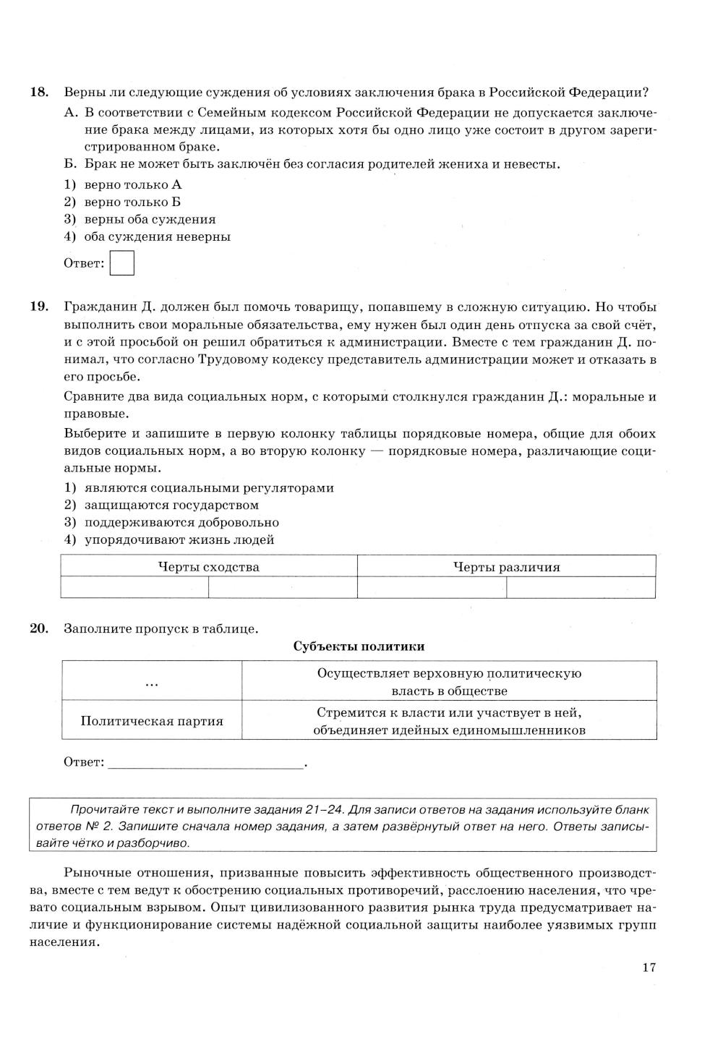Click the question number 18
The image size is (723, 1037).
(x=39, y=93)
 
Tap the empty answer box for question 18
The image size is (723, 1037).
(x=121, y=263)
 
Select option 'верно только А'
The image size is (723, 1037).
(x=132, y=184)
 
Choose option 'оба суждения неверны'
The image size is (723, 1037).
(x=157, y=236)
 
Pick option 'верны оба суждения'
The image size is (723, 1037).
(x=150, y=219)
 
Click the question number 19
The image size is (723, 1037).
(x=39, y=307)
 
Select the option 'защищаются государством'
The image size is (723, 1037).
(x=171, y=505)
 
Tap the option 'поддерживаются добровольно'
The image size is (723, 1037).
(x=181, y=522)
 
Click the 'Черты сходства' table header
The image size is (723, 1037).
(x=208, y=567)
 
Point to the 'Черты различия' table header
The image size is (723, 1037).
(x=506, y=567)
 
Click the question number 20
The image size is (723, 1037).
(x=39, y=628)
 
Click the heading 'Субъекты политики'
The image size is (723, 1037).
(x=359, y=646)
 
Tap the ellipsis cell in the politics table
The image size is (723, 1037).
(x=152, y=681)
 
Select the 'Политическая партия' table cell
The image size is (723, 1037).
(x=152, y=721)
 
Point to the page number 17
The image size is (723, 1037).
(x=649, y=968)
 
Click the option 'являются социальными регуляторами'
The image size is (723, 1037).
(x=209, y=487)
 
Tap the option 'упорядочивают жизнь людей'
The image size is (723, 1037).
(x=179, y=539)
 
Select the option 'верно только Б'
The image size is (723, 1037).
(x=132, y=202)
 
